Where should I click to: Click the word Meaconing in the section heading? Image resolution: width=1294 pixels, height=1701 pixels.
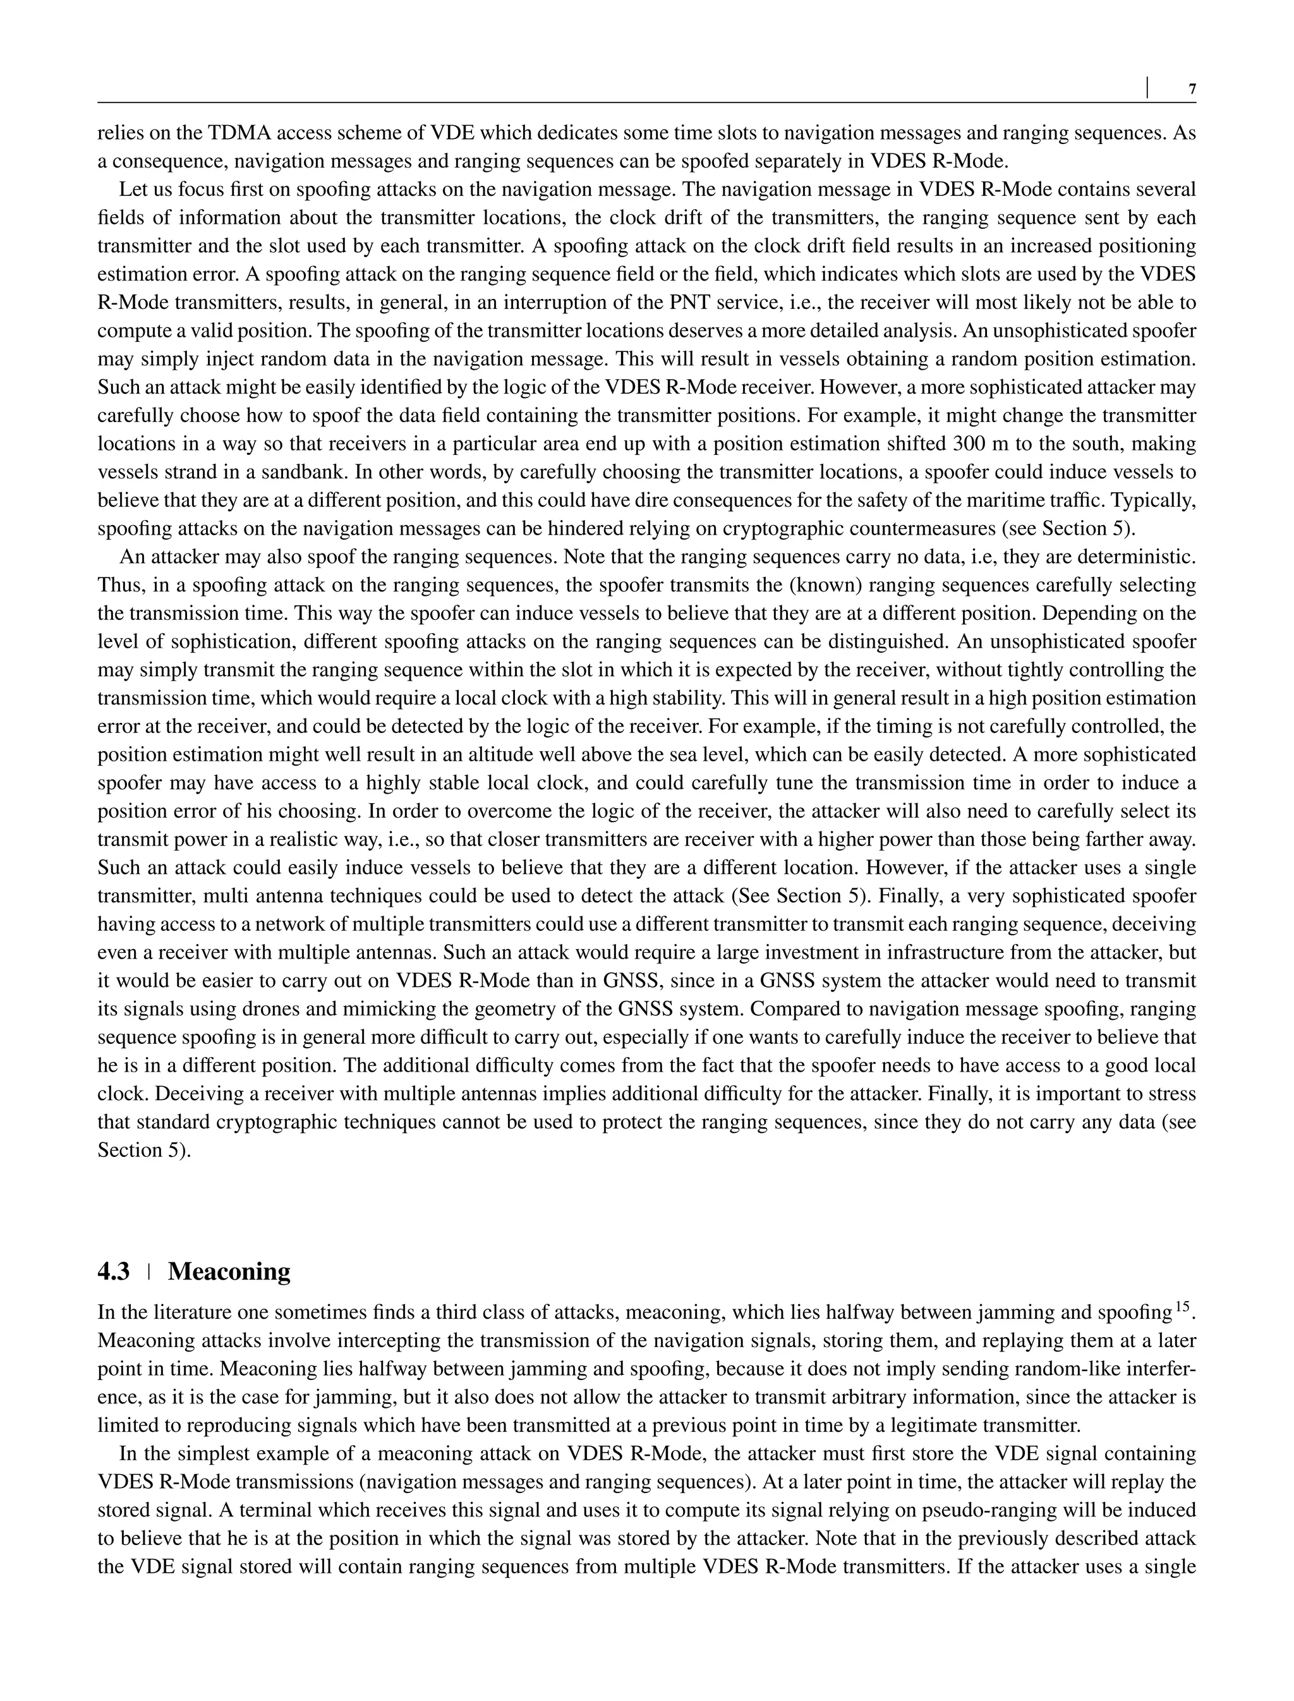click(x=229, y=1271)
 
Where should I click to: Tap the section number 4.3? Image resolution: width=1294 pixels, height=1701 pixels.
click(x=113, y=1271)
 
